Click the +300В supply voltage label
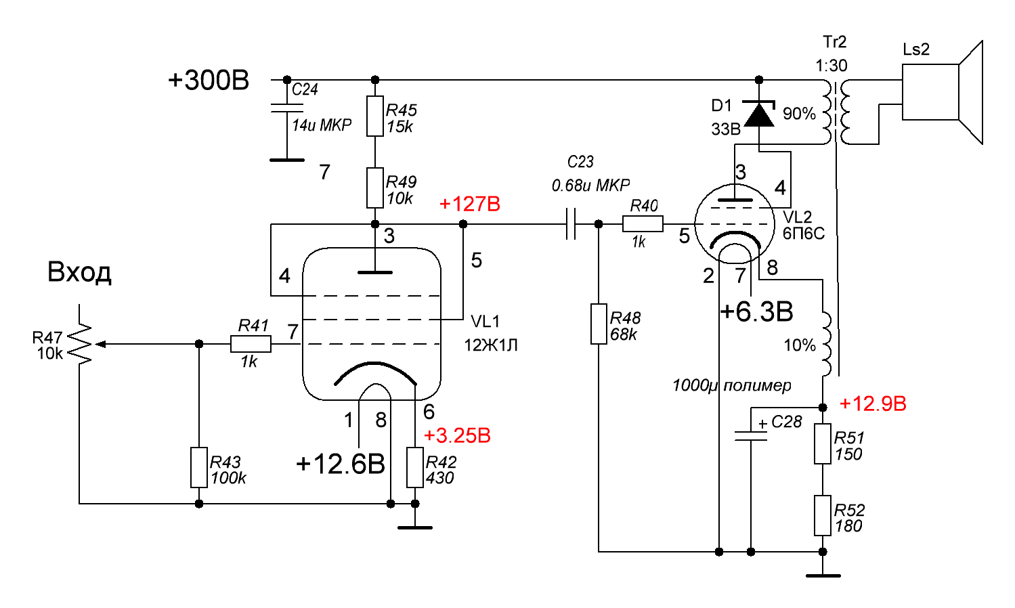208,81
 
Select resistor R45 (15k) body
375,116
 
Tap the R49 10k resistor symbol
375,188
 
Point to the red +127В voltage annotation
469,204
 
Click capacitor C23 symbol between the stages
571,223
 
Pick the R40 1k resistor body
642,223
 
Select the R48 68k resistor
599,324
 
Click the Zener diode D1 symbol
759,114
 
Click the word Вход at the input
79,272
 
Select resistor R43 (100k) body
198,467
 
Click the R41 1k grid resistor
251,344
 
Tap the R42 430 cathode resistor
415,467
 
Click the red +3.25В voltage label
457,435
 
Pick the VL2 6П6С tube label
803,225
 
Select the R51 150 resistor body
822,444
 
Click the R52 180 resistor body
822,516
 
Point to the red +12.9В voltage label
872,404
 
